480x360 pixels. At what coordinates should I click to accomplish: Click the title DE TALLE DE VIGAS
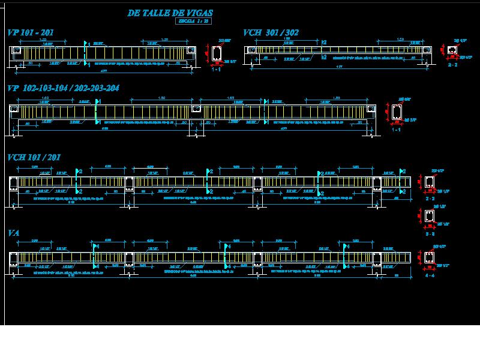(x=170, y=13)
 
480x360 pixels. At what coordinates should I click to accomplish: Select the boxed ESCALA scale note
(x=193, y=21)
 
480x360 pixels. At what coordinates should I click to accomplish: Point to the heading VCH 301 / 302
(x=271, y=33)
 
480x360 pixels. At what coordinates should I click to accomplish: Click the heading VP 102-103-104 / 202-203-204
(x=63, y=88)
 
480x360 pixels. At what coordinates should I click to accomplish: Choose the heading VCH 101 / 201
(x=34, y=157)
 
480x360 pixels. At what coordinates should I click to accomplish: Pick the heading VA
(x=14, y=232)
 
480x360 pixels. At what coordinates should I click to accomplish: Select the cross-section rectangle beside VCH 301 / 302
(x=451, y=50)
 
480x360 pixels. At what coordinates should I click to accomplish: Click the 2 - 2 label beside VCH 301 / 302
(x=453, y=64)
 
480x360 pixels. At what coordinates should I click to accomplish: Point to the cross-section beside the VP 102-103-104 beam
(x=397, y=112)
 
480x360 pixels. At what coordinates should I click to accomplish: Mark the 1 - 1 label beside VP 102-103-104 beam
(x=396, y=130)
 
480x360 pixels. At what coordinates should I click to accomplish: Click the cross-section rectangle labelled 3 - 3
(x=429, y=216)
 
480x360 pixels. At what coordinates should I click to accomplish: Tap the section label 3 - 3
(x=430, y=234)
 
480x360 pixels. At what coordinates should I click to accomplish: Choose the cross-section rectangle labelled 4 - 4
(x=429, y=257)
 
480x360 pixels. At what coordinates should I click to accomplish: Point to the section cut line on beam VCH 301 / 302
(x=322, y=50)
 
